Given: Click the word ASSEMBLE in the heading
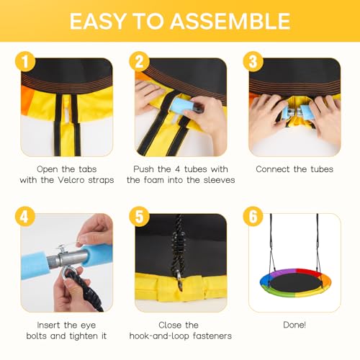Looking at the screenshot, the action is tap(230, 21).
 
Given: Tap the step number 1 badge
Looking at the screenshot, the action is tap(25, 62).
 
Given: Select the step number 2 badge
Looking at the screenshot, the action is tap(140, 62).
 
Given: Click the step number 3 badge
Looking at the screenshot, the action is tap(253, 62).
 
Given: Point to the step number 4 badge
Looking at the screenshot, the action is tap(25, 217).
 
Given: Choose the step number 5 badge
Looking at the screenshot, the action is tap(140, 217).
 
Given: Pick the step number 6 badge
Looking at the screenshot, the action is tap(253, 217).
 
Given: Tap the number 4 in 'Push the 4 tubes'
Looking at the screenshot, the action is tap(177, 169).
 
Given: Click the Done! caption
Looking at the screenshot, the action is tap(294, 325).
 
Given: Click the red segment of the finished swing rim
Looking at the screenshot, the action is tap(308, 272).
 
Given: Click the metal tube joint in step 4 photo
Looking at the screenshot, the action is tap(67, 258).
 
